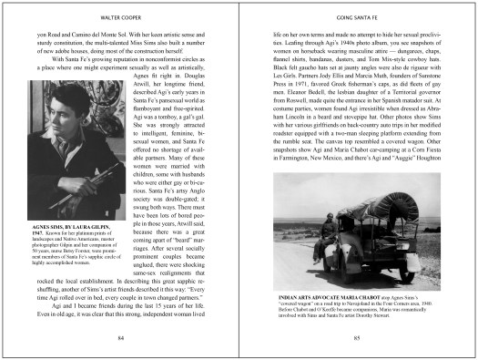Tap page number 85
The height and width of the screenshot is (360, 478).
click(356, 337)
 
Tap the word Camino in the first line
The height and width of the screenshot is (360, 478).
click(75, 32)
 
